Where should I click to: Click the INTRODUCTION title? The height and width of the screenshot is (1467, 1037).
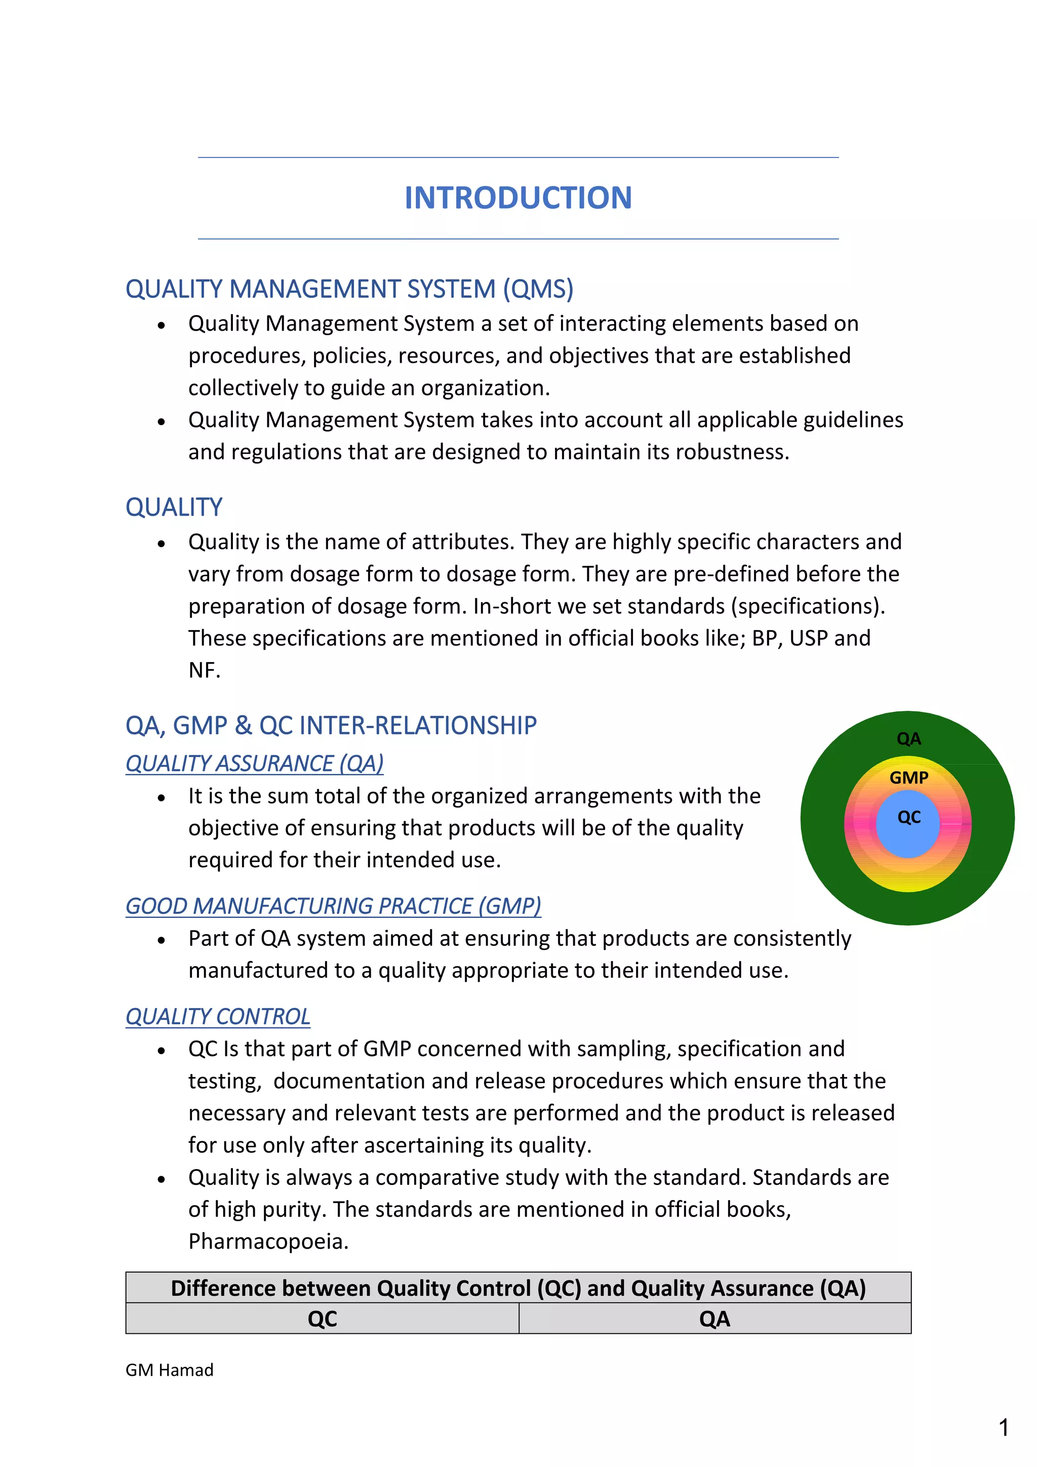point(518,198)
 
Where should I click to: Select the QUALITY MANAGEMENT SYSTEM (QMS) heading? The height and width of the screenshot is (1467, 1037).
point(349,289)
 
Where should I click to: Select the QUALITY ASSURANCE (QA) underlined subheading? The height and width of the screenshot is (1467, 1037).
point(254,763)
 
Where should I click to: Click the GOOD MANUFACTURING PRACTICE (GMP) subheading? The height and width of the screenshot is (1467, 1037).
point(333,906)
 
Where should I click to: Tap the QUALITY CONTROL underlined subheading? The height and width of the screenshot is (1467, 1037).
point(218,1017)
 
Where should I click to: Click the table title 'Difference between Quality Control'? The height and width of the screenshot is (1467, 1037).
point(518,1288)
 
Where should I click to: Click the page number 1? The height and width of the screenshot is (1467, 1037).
point(1003,1427)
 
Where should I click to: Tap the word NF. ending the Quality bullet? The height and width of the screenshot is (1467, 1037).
point(205,671)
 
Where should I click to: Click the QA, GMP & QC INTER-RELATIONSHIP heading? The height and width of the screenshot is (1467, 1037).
point(331,726)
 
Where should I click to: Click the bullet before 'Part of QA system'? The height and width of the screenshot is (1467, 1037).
point(162,940)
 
